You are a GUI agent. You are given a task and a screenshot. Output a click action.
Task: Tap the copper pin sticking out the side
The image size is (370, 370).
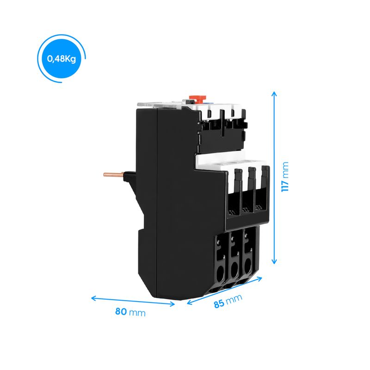pos(113,174)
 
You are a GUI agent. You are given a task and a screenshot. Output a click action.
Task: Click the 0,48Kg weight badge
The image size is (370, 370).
pos(62,59)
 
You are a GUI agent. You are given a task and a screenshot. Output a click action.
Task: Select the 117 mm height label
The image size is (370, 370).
pos(285,177)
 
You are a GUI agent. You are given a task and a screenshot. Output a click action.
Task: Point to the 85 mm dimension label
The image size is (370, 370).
pos(228,301)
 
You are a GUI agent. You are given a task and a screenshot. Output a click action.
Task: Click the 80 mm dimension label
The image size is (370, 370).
pos(130,312)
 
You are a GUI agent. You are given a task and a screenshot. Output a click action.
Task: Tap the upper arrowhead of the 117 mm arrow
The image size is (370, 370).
pos(274,94)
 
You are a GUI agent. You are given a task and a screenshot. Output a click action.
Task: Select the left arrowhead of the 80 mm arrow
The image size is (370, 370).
pos(93,298)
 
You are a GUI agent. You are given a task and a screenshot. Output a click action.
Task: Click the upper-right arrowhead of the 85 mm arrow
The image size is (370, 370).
pos(259,279)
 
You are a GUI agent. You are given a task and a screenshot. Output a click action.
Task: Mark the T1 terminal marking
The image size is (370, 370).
pos(232,212)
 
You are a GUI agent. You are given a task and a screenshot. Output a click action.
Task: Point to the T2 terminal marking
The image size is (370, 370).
pos(246,209)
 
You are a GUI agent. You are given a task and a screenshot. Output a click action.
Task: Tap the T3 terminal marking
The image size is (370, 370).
pos(259,207)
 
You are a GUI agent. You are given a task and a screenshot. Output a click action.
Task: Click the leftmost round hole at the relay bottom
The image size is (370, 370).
pos(221,274)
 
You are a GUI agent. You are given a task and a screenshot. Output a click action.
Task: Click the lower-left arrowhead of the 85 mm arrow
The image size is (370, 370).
pos(190,302)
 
